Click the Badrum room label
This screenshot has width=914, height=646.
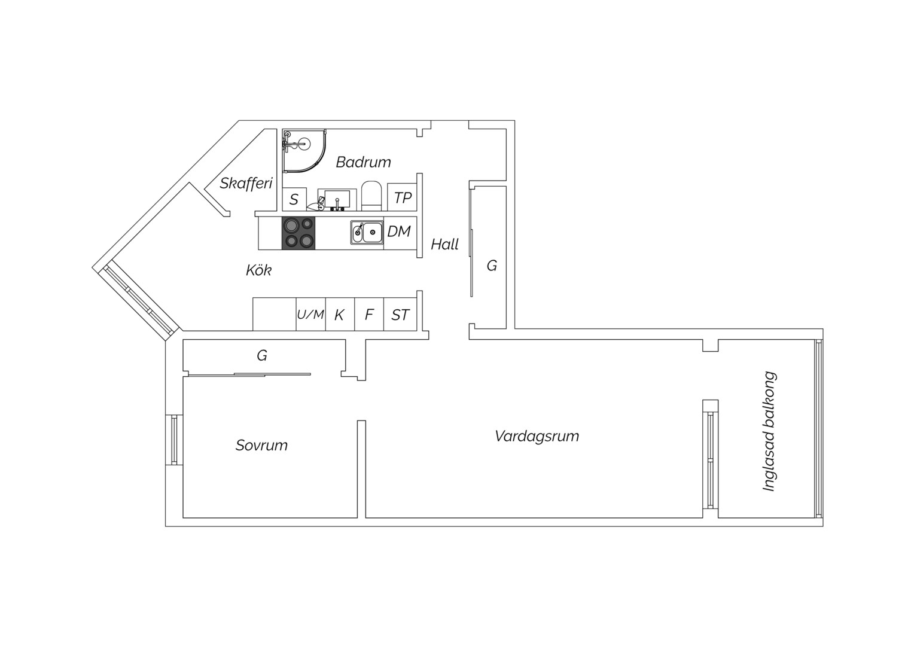pos(363,163)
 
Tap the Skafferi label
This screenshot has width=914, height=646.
pos(246,183)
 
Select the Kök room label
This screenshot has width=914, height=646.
pos(258,270)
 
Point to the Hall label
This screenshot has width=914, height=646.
pos(445,245)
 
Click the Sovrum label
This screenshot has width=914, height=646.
pos(261,445)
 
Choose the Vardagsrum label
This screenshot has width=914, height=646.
pos(537,436)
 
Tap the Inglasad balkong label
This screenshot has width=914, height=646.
pos(769,431)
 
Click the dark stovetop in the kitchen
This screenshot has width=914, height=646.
pos(298,233)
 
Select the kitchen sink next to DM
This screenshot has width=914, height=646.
pos(367,233)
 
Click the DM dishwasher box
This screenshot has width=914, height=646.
pos(400,233)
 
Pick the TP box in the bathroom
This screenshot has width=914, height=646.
pos(402,197)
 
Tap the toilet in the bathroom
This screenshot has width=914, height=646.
pos(371,196)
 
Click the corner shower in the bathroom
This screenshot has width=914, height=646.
pos(304,151)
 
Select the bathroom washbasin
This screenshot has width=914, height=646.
pos(337,200)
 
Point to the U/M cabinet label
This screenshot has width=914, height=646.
pos(310,314)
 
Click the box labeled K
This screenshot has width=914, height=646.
pos(340,314)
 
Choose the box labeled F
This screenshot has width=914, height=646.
pos(369,314)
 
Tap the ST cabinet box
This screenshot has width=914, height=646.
pos(400,314)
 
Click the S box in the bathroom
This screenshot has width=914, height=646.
pos(294,199)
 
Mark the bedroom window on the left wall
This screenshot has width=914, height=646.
pos(174,440)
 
